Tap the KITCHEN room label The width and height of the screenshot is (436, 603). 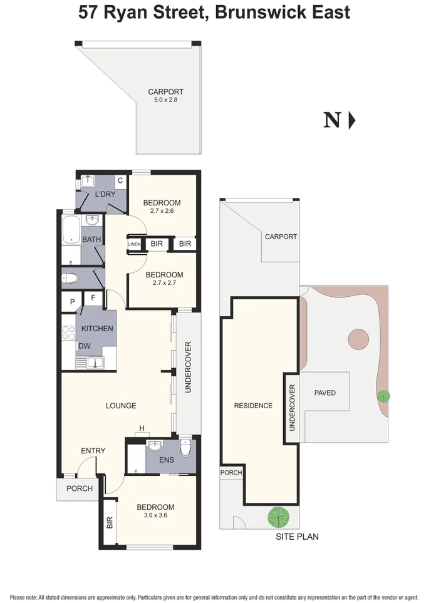pyautogui.click(x=97, y=329)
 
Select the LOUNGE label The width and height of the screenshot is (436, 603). pyautogui.click(x=121, y=406)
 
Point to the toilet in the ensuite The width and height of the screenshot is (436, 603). pyautogui.click(x=184, y=448)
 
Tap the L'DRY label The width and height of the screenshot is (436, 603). pyautogui.click(x=105, y=194)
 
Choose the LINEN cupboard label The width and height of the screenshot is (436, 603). pyautogui.click(x=135, y=244)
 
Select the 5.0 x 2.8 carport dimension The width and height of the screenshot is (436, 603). pyautogui.click(x=165, y=100)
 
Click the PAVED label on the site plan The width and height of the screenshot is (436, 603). pyautogui.click(x=325, y=393)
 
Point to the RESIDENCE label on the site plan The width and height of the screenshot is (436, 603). pyautogui.click(x=253, y=406)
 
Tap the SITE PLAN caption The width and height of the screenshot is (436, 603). pyautogui.click(x=298, y=537)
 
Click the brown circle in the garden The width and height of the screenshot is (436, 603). pyautogui.click(x=358, y=339)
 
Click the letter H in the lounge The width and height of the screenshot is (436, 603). pyautogui.click(x=142, y=428)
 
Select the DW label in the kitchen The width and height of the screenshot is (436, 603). pyautogui.click(x=84, y=346)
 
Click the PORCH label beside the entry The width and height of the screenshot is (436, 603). pyautogui.click(x=80, y=488)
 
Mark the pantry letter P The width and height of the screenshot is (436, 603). pyautogui.click(x=72, y=302)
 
